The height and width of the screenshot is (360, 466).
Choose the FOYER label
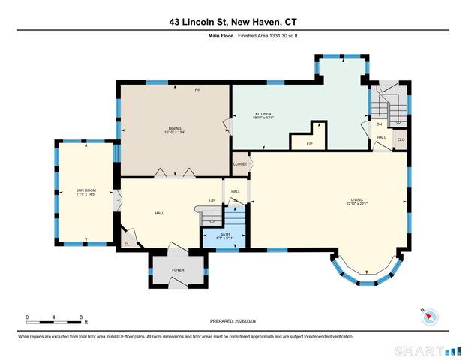[178, 269]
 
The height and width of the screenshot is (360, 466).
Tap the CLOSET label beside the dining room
[240, 163]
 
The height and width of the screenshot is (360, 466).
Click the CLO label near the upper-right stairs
[401, 139]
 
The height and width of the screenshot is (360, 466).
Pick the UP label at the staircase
[212, 201]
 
